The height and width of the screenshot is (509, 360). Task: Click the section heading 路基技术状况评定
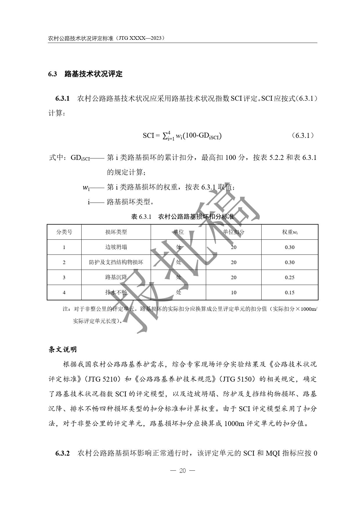tap(93, 74)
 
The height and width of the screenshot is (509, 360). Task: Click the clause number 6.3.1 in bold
tap(62, 99)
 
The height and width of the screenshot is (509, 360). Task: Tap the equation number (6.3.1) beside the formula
tap(303, 135)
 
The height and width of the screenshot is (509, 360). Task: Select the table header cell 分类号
tap(64, 232)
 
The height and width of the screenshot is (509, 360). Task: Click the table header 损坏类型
tap(116, 232)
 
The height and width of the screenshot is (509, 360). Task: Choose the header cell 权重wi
tap(289, 232)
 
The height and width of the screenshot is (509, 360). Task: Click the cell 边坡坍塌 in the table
tap(116, 247)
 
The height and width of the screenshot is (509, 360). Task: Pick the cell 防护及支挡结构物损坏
tap(116, 262)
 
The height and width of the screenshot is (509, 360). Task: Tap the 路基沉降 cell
tap(116, 277)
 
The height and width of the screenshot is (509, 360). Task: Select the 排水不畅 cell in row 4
tap(116, 293)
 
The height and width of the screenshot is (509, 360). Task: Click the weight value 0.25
tap(289, 277)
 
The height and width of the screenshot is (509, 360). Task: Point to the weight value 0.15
tap(289, 293)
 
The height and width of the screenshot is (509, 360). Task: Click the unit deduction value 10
tap(233, 293)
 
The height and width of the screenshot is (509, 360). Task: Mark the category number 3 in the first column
tap(64, 277)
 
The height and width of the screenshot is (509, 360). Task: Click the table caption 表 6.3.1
tap(141, 217)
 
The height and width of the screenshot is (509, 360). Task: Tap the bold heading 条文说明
tap(62, 349)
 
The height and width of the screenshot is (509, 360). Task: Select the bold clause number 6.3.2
tap(62, 453)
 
